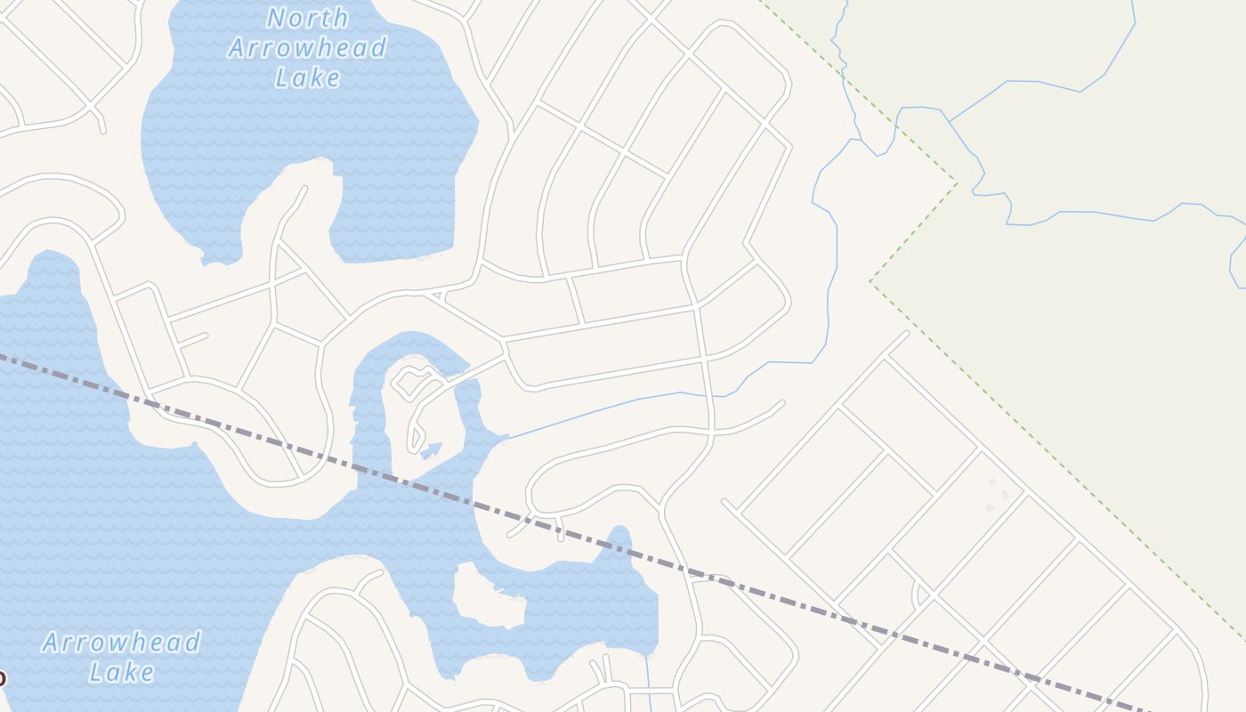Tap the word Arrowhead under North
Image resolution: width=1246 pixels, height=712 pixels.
click(x=307, y=47)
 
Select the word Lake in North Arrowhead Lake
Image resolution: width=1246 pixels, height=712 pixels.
click(x=307, y=77)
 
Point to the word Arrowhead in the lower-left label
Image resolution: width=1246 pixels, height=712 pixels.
click(x=121, y=643)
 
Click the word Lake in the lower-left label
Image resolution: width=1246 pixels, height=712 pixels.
click(x=121, y=672)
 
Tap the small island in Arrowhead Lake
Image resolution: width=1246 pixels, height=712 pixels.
click(x=487, y=595)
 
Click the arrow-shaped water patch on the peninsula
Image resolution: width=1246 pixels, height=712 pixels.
click(x=432, y=449)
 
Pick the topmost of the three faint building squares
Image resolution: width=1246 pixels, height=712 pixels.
click(x=993, y=482)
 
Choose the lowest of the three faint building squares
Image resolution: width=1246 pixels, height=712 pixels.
click(x=990, y=507)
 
